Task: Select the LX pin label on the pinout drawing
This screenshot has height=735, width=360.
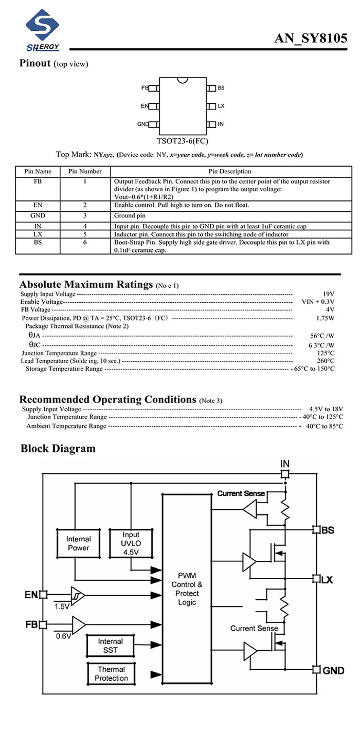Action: [221, 106]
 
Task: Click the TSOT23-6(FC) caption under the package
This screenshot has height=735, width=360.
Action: [182, 140]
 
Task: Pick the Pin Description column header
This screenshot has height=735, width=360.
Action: [230, 171]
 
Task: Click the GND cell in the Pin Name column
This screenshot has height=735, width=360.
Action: [38, 215]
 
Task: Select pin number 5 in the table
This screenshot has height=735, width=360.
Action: [85, 234]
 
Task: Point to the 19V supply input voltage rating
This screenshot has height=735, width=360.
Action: [329, 294]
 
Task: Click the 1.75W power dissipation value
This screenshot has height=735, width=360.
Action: [326, 318]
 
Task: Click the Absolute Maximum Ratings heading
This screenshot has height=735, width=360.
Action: [86, 284]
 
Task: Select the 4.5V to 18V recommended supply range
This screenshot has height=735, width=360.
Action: [326, 409]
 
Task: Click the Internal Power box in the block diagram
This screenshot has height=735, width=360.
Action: [78, 543]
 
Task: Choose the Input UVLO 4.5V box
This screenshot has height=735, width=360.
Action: [131, 543]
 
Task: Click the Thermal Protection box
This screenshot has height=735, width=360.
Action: [111, 673]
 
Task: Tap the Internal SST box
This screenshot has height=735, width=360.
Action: [110, 646]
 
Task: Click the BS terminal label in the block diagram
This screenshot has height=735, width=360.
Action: [328, 530]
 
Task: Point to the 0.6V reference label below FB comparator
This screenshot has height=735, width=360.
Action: [63, 636]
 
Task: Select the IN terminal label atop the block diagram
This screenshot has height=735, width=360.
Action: [285, 464]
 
